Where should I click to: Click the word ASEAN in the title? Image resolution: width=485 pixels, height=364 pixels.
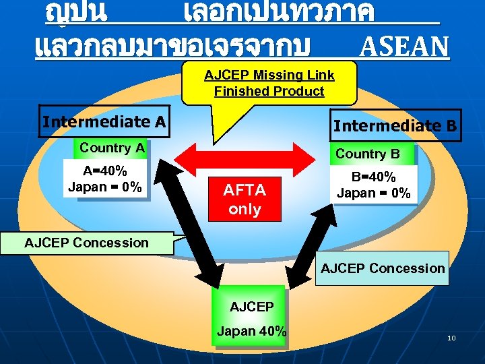[404, 47]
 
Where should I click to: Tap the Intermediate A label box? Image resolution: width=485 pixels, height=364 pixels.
[104, 122]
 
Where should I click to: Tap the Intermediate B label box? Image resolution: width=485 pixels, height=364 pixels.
[395, 125]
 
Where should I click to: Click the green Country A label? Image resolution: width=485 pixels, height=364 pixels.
[112, 148]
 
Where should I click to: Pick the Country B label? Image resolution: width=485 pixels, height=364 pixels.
[368, 154]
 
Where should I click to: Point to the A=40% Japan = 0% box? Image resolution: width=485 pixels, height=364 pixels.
[104, 179]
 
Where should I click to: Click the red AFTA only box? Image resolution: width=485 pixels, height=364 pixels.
[245, 200]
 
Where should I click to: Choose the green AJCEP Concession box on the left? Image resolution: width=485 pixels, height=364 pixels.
[87, 243]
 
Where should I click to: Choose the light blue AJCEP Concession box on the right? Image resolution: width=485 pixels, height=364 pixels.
[382, 268]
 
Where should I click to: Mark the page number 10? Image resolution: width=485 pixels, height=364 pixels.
[451, 337]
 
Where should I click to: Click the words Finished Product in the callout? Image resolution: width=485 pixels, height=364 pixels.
[269, 91]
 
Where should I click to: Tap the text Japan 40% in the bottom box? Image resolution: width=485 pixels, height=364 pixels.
[251, 331]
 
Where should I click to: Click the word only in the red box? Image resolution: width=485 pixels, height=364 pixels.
[245, 209]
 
